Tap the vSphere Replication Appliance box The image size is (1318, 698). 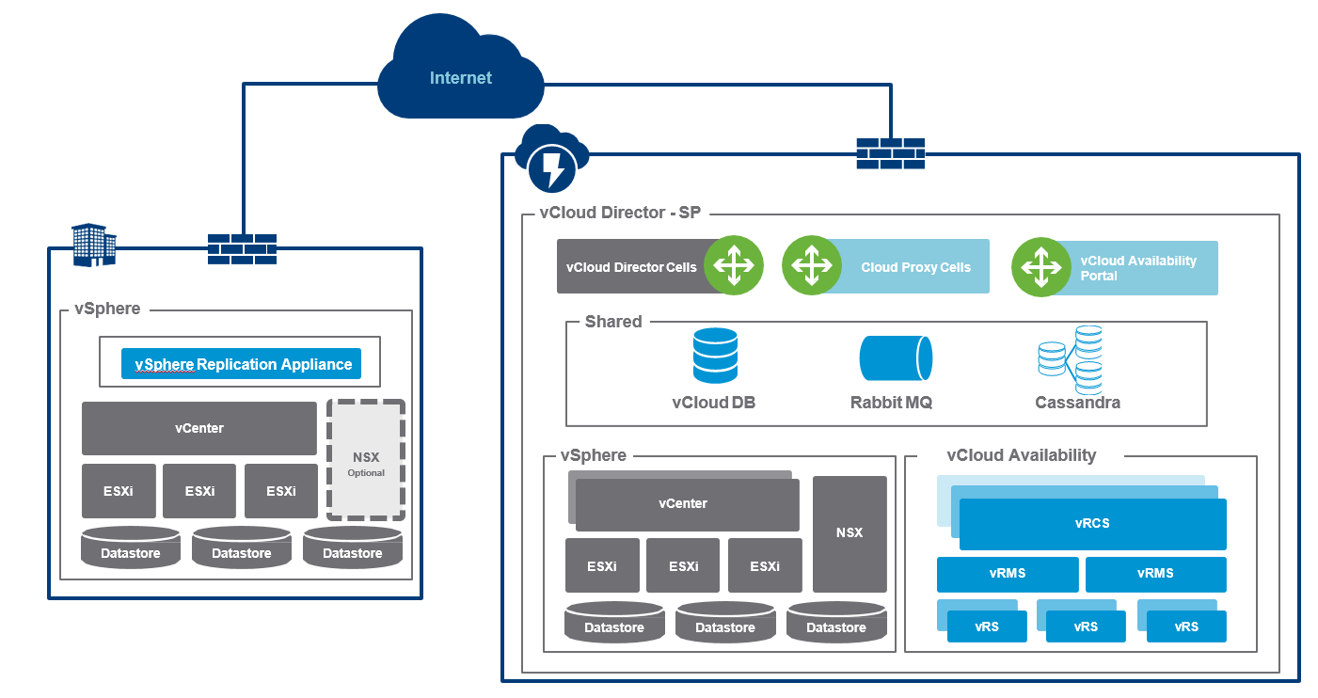pos(241,364)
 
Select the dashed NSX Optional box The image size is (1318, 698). pos(366,460)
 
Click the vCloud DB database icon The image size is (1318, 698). pos(714,355)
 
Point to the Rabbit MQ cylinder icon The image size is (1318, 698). pos(896,358)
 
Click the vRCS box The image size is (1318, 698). pos(1092,524)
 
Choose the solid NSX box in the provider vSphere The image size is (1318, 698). pos(850,533)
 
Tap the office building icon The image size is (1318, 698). pos(94,244)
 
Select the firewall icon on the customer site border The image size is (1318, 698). pos(242,249)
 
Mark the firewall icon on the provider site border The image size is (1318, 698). pos(890,153)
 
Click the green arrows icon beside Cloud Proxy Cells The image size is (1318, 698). pos(811,266)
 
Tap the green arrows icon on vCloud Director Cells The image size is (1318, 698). pos(734,266)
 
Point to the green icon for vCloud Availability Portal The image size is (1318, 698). pos(1040,266)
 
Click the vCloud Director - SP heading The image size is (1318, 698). pos(619,213)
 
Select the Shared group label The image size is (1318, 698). pos(613,322)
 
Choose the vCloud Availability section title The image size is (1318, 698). pos(1021,455)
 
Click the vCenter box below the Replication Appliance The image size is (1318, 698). pos(199,428)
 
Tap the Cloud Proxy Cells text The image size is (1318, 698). pos(915,267)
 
